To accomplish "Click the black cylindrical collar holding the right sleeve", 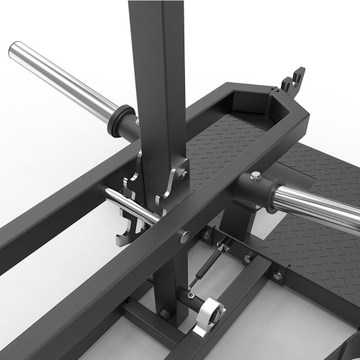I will click(x=252, y=189).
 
